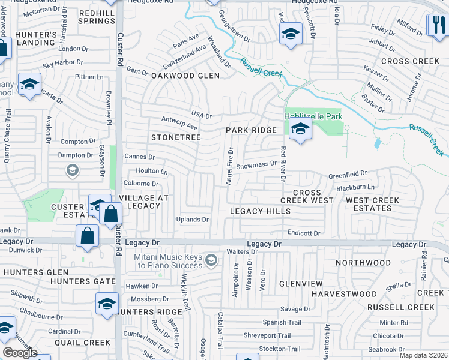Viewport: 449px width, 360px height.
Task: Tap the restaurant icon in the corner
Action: (x=436, y=25)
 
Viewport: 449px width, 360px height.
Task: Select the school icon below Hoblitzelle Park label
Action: (x=300, y=128)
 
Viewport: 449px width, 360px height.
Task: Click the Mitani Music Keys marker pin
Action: (x=211, y=260)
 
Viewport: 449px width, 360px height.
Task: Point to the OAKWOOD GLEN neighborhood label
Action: (x=185, y=76)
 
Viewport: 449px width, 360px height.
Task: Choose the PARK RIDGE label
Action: (x=251, y=130)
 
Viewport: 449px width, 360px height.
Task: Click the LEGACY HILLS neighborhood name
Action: (x=261, y=211)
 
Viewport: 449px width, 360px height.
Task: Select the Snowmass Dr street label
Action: (x=256, y=163)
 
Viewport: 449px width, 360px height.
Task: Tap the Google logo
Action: (x=20, y=353)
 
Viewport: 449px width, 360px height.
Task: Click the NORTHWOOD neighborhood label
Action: (x=363, y=263)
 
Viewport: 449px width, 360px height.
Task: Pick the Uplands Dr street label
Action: (x=192, y=220)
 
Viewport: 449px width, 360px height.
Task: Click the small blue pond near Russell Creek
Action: (x=376, y=143)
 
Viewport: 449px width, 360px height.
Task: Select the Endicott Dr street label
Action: (x=305, y=233)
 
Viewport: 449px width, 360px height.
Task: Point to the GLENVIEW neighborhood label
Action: (x=301, y=283)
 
